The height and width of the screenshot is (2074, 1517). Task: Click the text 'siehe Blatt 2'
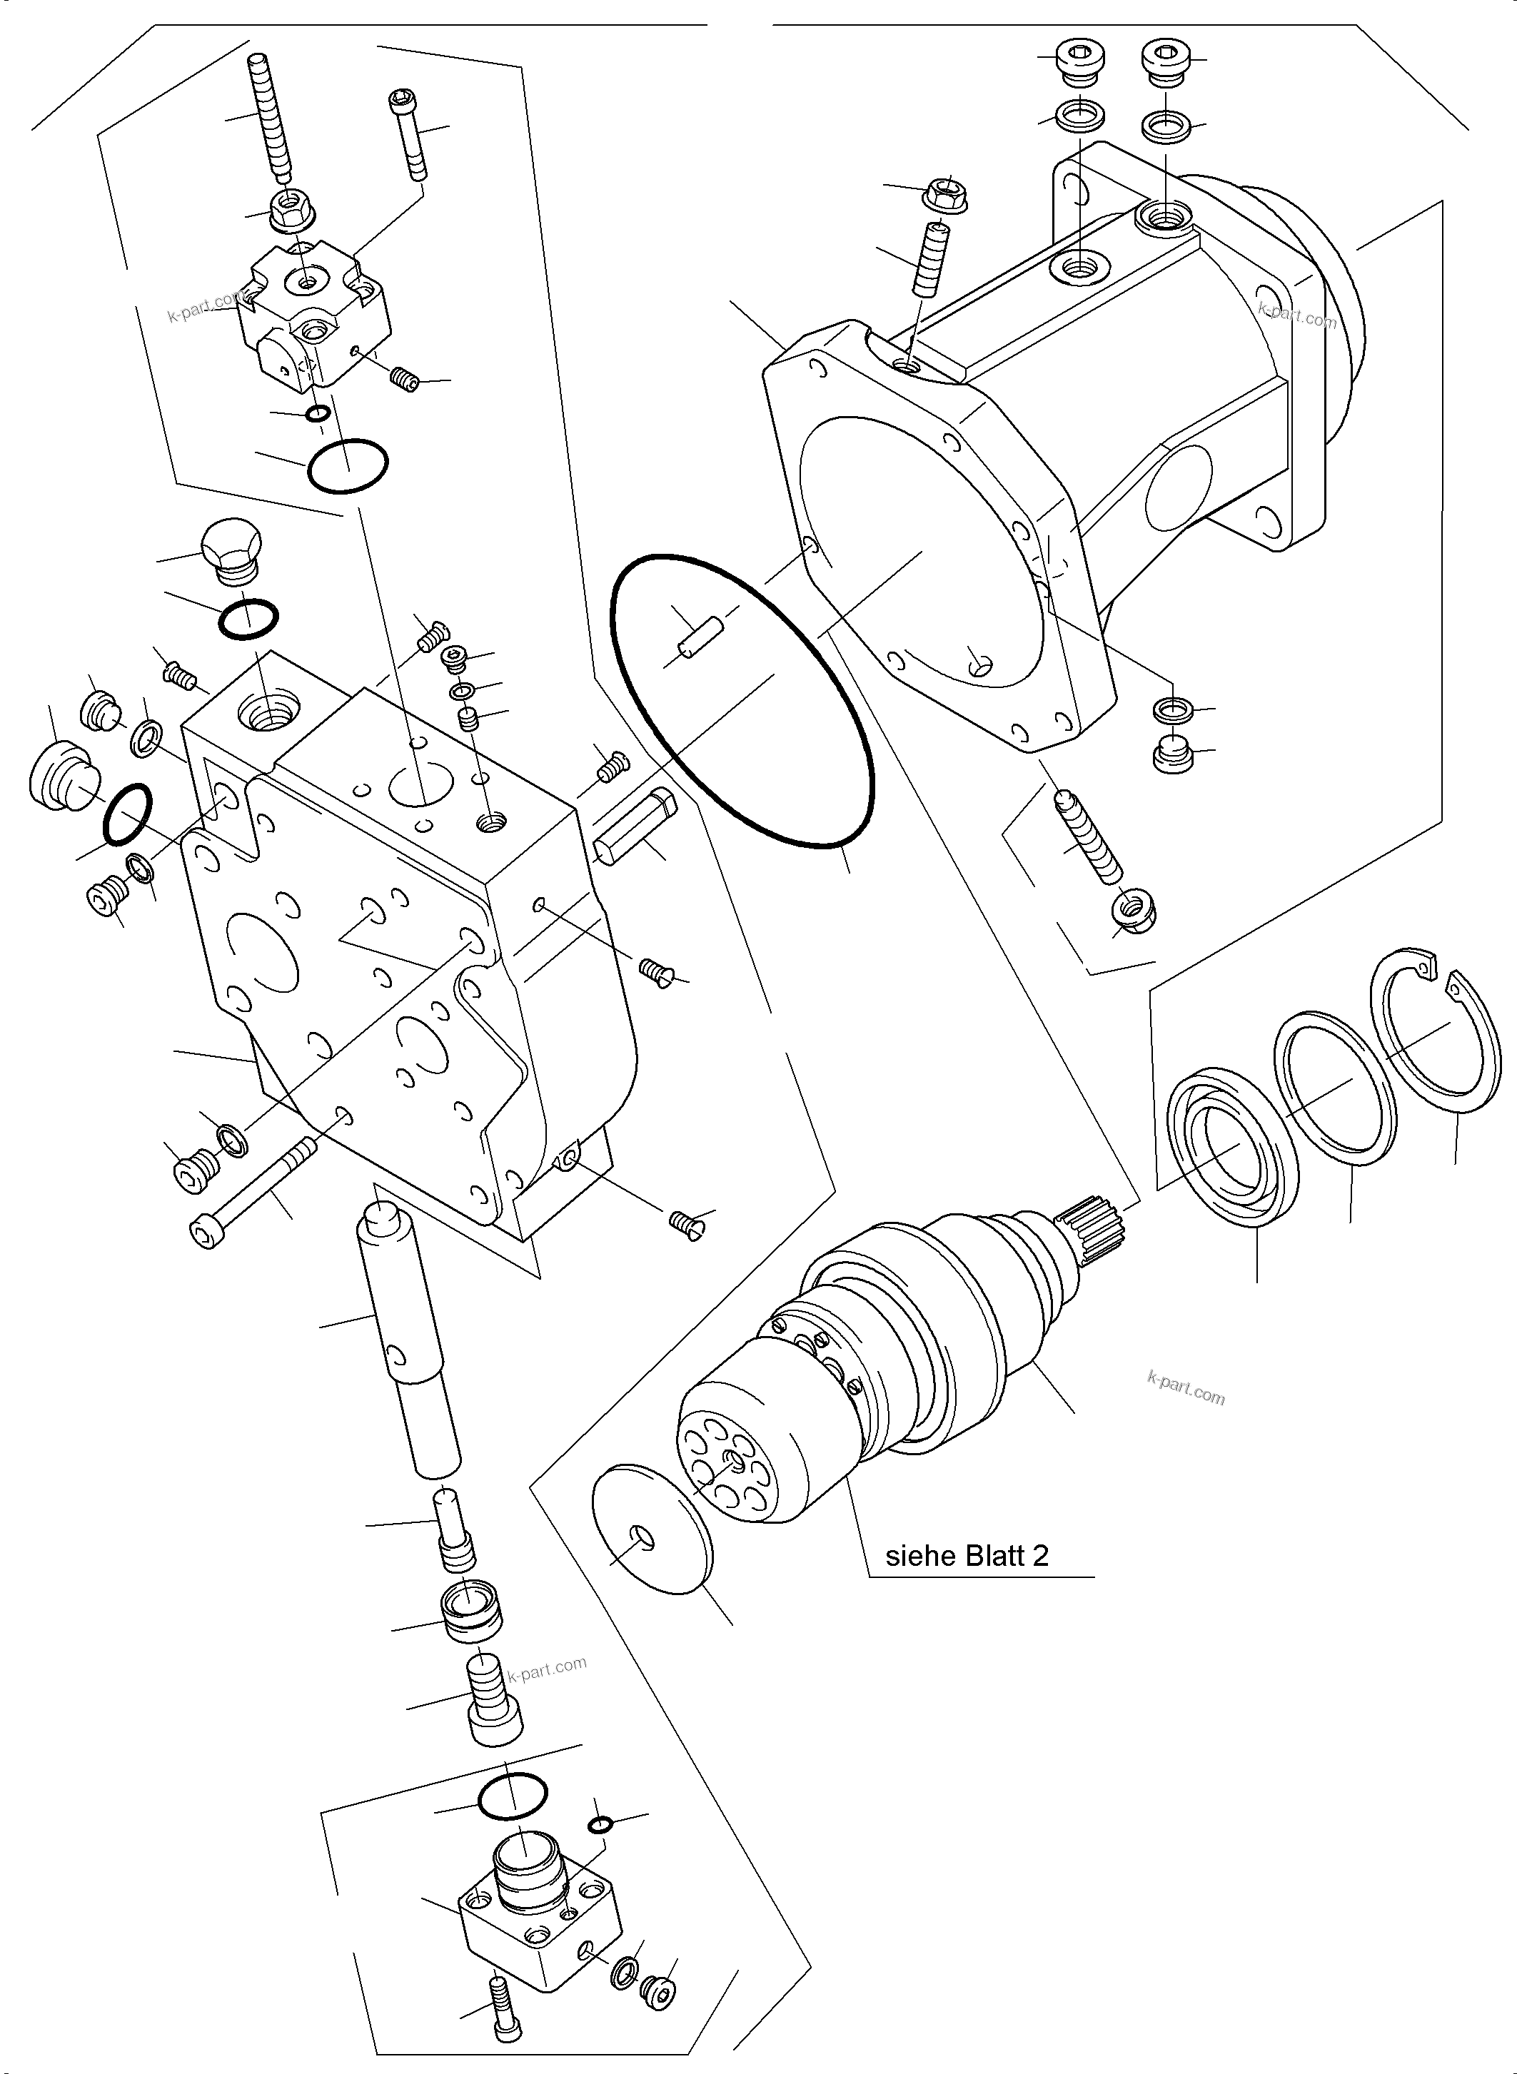click(966, 1555)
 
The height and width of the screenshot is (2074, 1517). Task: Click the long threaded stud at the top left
click(269, 119)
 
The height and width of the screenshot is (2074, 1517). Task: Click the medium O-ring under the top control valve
click(347, 465)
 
